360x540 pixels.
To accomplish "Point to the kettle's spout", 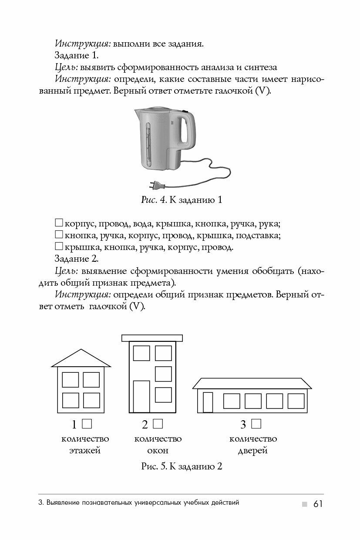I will [x=137, y=114].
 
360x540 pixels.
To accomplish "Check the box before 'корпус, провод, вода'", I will [x=59, y=223].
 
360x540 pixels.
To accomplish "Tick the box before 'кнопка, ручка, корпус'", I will [x=59, y=235].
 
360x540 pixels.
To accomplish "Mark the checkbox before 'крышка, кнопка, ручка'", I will [x=59, y=246].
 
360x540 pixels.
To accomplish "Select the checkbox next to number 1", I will [x=87, y=423].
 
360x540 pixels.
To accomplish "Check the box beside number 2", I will [x=158, y=423].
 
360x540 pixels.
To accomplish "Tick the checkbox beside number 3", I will [x=256, y=423].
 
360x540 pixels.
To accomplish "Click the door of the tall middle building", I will [x=141, y=396].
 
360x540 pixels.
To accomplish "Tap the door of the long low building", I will [x=208, y=402].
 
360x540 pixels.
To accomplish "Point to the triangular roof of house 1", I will [x=81, y=359].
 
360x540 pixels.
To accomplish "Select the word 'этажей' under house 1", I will [x=85, y=450].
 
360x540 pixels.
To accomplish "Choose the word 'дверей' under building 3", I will [x=252, y=450].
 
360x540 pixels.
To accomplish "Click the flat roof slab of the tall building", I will [x=152, y=337].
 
